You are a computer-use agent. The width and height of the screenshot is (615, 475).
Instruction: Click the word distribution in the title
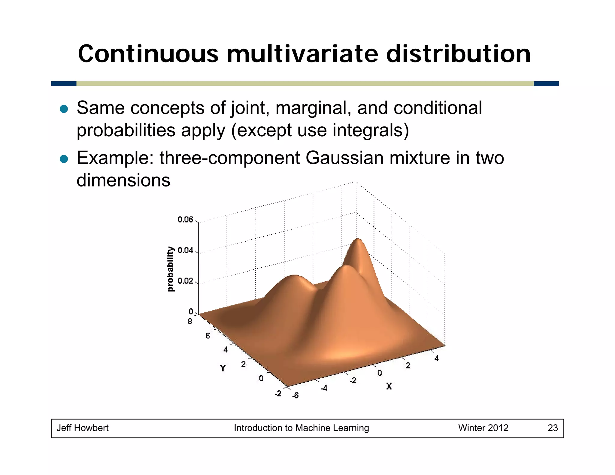pos(458,54)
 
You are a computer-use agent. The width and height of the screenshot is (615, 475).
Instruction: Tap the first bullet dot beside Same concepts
pos(64,109)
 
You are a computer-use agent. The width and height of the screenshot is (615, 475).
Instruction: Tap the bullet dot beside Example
pos(64,159)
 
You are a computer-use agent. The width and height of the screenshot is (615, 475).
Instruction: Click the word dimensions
pos(123,180)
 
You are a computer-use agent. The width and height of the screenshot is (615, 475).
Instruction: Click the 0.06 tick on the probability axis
pos(185,219)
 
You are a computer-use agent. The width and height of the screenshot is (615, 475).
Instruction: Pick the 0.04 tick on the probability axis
pos(185,250)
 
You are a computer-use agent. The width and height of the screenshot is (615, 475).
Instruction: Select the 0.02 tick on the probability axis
pos(185,281)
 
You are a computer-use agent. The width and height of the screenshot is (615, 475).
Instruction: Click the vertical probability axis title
pos(170,269)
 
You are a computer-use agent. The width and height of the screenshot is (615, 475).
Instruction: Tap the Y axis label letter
pos(223,368)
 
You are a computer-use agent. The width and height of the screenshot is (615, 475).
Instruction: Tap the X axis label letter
pos(389,386)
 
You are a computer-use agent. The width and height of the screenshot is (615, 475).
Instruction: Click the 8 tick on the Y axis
pos(190,322)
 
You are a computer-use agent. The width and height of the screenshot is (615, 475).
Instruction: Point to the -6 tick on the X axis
pos(295,395)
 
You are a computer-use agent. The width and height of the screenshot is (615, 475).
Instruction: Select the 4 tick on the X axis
pos(436,358)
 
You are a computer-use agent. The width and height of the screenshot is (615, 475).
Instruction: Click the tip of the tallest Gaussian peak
pos(357,239)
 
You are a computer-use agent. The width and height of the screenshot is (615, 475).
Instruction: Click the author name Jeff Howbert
pos(82,428)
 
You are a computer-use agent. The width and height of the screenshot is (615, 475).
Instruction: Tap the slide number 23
pos(553,428)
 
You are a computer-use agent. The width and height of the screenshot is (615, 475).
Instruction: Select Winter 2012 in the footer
pos(483,428)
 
